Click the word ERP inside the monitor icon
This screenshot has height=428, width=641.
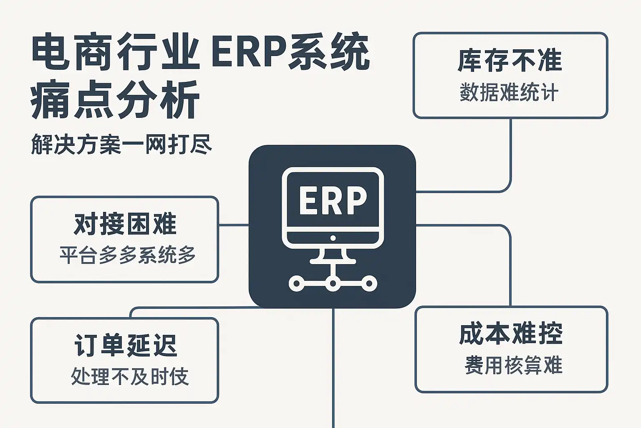333,201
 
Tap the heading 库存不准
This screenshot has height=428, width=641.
510,61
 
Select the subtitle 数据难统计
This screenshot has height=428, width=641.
509,92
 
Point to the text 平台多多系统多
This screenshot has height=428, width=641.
127,255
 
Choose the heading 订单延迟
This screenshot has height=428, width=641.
125,345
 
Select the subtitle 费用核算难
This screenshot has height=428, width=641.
513,365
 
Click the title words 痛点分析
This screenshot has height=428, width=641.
115,100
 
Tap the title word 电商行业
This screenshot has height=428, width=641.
115,53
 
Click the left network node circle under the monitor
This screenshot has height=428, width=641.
296,284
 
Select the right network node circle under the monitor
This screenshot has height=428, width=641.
369,284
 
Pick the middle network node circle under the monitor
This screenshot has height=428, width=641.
333,284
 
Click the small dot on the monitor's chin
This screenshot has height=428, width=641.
333,238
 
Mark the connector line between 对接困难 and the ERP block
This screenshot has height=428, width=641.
234,225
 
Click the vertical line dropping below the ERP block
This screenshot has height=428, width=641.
333,368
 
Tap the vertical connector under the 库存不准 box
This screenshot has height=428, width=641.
511,155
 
